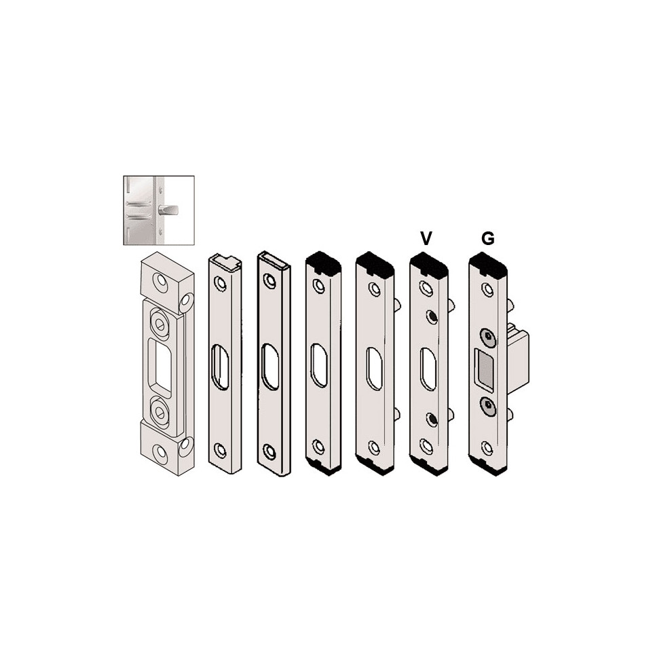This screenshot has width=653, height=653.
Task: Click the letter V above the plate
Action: click(426, 238)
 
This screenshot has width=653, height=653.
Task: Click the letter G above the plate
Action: click(487, 238)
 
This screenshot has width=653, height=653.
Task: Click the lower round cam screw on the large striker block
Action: click(160, 410)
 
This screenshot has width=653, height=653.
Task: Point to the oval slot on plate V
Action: click(428, 368)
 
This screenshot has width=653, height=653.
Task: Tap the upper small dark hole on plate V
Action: click(432, 317)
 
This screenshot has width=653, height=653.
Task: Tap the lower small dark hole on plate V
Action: click(432, 419)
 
